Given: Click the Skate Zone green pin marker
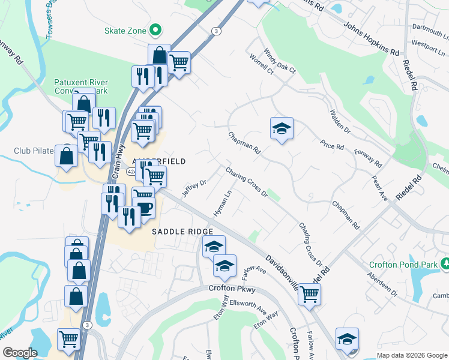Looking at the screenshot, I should coord(155,29).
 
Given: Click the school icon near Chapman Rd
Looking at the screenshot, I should coord(281,128).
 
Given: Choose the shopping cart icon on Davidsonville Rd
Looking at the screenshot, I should coord(309,294).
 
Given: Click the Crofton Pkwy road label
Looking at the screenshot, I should coord(232,289).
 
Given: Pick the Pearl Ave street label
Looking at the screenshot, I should coord(381,188).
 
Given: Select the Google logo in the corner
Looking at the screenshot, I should coord(20,353).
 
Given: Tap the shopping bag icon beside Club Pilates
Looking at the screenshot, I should coord(66,156).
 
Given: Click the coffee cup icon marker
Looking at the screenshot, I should coord(144,208).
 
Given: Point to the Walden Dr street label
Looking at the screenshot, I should coord(339,121).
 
